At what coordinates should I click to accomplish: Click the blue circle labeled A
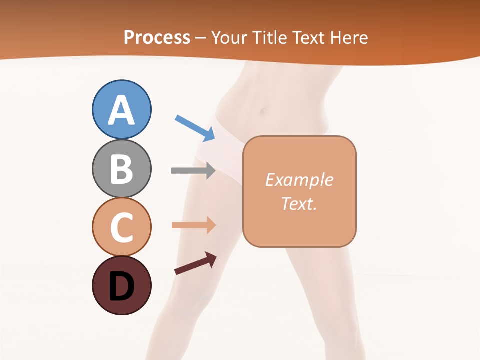(x=122, y=109)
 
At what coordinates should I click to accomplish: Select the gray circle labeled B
(x=122, y=168)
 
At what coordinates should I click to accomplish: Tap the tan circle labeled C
(x=122, y=227)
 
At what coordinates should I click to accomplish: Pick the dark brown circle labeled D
(x=122, y=285)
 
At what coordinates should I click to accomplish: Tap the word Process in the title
(x=157, y=37)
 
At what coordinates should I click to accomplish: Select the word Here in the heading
(x=349, y=37)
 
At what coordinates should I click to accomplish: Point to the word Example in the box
(x=299, y=180)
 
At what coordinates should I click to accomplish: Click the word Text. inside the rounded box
(x=299, y=203)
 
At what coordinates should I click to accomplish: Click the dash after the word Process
(x=200, y=38)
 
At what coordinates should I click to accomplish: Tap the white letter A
(x=122, y=110)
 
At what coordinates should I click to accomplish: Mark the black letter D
(x=122, y=286)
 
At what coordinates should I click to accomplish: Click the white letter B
(x=122, y=169)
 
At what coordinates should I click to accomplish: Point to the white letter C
(x=122, y=227)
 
